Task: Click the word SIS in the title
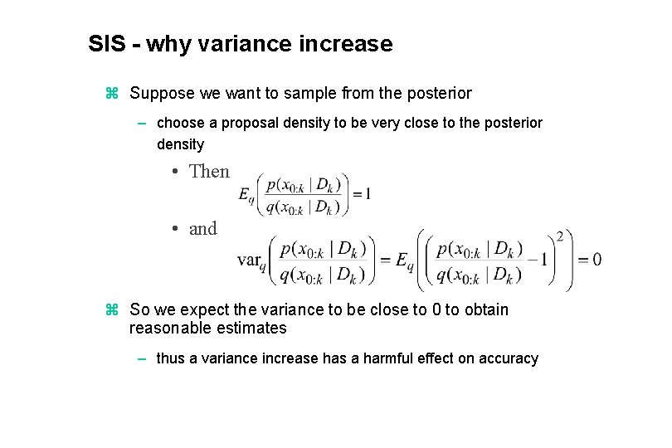[x=106, y=44]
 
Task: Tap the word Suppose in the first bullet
[x=158, y=93]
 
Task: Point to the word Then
[x=209, y=171]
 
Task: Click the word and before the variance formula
[x=202, y=228]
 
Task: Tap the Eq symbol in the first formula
[x=246, y=195]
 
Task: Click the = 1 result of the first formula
[x=361, y=194]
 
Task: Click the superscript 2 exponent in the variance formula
[x=559, y=237]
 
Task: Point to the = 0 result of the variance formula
[x=590, y=260]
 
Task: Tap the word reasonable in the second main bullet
[x=166, y=328]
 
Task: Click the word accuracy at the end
[x=509, y=358]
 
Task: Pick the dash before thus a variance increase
[x=143, y=358]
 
